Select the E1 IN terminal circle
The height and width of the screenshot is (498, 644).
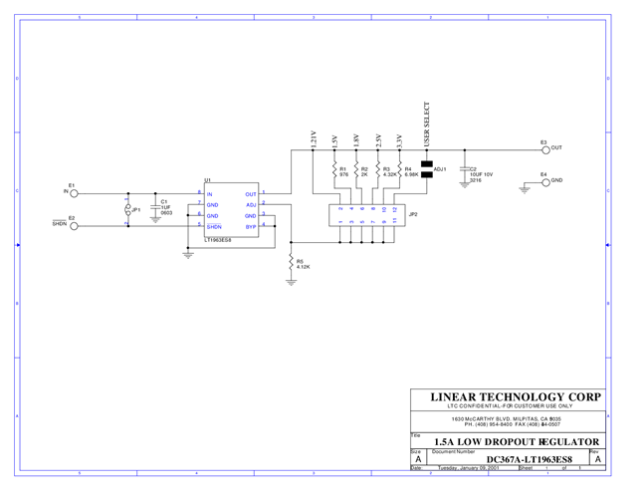72,193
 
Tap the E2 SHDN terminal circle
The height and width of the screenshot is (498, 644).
72,225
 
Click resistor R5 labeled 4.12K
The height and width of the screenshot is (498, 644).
291,263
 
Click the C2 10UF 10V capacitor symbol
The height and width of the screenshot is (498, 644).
464,172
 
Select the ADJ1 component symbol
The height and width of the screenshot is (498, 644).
427,169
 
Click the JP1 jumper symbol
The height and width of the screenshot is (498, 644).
127,210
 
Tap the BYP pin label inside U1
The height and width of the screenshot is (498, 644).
251,226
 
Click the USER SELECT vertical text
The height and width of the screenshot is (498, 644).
427,125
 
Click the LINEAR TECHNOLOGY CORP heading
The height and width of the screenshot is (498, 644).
516,396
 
